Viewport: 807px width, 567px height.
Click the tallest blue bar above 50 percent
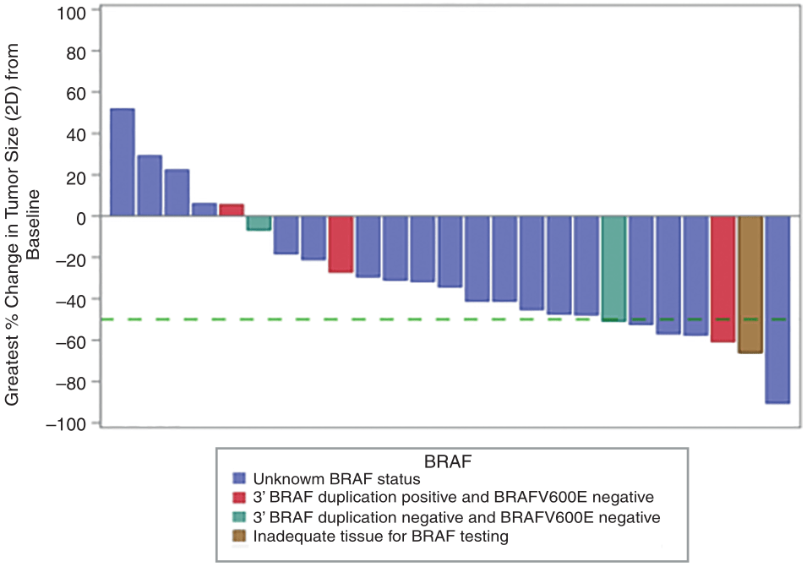coord(123,162)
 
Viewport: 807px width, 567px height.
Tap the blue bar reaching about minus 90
coord(777,309)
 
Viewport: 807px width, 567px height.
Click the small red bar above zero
coord(231,210)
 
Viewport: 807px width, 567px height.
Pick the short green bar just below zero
coord(259,223)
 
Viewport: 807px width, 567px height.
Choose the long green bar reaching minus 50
coord(613,268)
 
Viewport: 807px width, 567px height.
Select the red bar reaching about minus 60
coord(722,279)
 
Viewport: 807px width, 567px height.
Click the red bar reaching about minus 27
coord(341,244)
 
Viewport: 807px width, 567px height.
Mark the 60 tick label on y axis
coord(76,92)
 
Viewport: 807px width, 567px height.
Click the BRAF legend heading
coord(448,461)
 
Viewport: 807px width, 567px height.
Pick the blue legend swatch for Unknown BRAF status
coord(239,477)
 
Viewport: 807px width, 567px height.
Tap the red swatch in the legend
coord(239,497)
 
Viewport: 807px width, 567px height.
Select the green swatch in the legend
coord(239,516)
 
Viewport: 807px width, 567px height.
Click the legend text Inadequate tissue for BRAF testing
coord(380,536)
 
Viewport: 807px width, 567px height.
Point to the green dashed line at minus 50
coord(338,319)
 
